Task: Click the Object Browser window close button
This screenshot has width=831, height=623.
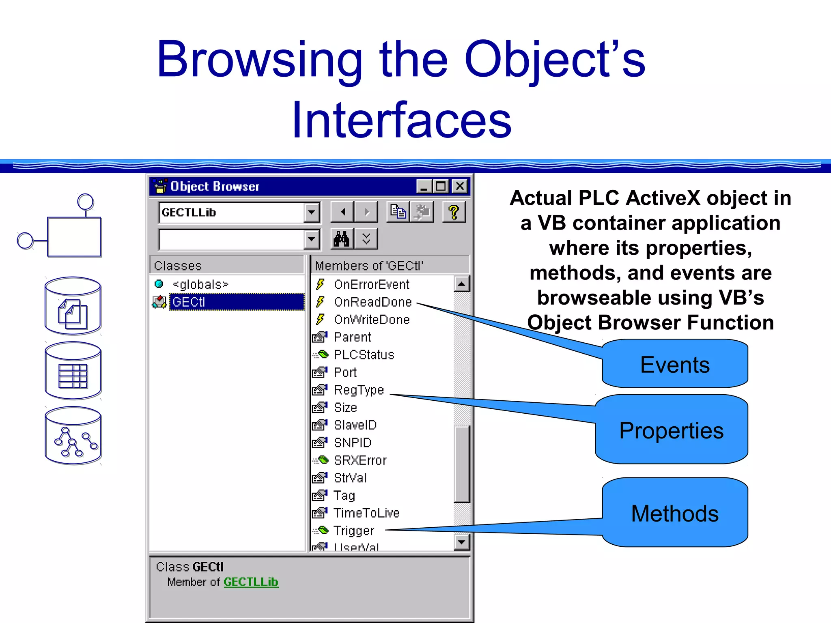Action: click(x=460, y=186)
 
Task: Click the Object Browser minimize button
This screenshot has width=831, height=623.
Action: click(x=424, y=186)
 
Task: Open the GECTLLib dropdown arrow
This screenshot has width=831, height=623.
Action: click(x=311, y=212)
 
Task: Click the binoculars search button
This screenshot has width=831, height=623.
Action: click(x=342, y=238)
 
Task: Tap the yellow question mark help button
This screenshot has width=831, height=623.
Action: click(x=454, y=212)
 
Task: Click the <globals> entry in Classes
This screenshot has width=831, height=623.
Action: click(x=200, y=284)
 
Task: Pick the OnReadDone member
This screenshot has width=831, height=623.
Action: click(x=372, y=302)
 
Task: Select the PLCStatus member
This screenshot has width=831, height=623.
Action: click(x=364, y=355)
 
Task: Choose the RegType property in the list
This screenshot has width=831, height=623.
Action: click(x=358, y=390)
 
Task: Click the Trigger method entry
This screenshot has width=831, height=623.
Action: click(x=353, y=531)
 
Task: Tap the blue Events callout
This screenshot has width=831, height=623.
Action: click(x=675, y=364)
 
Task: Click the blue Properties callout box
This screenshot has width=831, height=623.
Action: click(x=672, y=430)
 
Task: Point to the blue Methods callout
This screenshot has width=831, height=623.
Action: click(x=675, y=513)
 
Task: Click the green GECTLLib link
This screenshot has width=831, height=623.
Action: click(x=251, y=582)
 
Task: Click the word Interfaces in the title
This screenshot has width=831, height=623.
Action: click(x=401, y=120)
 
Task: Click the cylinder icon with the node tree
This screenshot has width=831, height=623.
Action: click(x=73, y=436)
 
